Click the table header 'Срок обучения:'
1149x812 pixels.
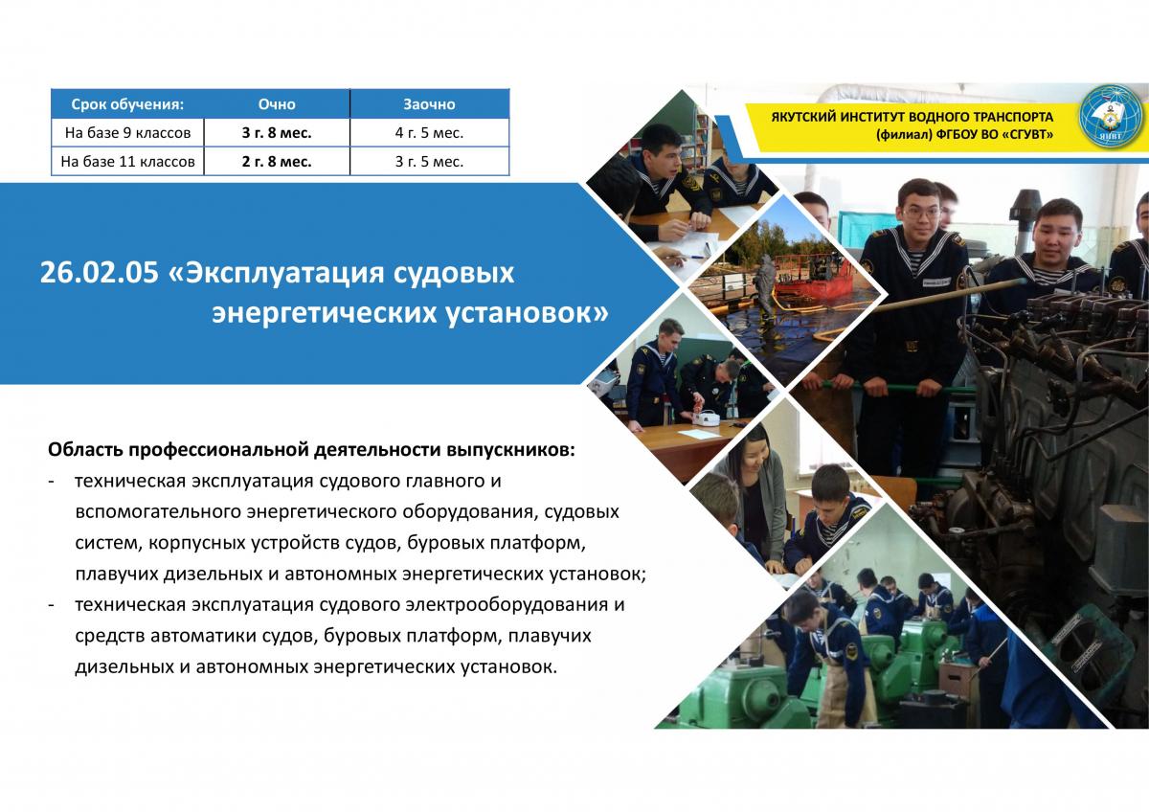127,104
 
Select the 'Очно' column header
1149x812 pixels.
277,104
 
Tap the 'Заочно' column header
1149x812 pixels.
429,104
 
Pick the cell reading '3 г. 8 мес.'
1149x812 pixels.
277,133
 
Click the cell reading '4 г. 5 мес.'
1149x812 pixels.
429,133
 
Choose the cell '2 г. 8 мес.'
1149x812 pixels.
277,162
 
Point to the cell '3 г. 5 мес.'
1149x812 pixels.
429,162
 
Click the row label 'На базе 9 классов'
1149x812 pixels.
127,133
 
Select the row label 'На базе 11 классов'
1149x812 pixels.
127,162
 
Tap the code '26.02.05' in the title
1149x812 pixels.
100,272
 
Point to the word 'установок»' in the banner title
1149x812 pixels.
527,312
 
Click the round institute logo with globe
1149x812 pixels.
1111,117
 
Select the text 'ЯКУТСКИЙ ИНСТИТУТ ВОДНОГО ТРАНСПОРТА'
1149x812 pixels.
912,117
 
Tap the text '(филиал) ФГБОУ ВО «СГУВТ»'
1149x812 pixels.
964,135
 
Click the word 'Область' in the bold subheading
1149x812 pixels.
85,450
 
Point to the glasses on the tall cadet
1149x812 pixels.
921,212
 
